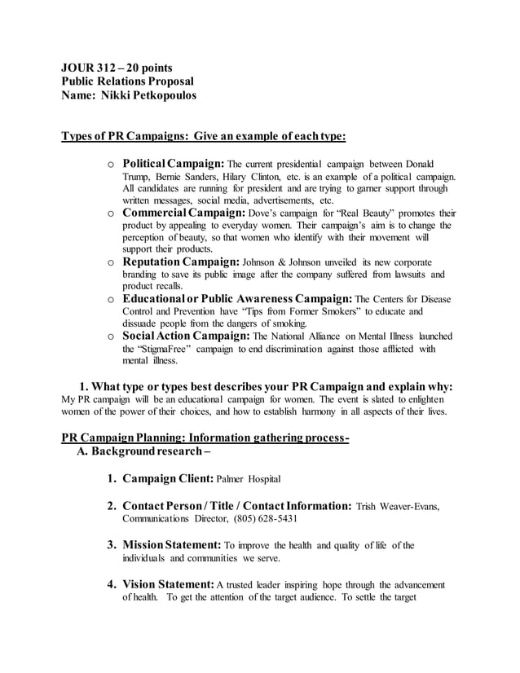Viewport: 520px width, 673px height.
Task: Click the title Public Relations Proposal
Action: [x=127, y=81]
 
